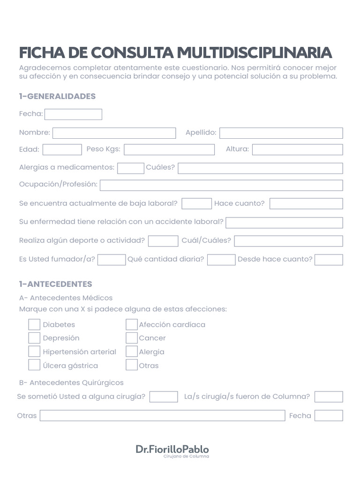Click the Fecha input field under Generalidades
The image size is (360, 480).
coord(73,114)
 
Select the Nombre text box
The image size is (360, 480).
coord(114,133)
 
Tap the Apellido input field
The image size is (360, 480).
coord(281,133)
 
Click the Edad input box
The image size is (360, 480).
coord(62,150)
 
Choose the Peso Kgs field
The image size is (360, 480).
coord(169,150)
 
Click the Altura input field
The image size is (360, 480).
coord(297,150)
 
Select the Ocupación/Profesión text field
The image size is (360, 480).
coord(221,185)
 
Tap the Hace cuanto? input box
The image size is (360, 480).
coord(306,203)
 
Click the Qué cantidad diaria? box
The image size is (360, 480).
coord(221,260)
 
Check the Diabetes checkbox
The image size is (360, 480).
coord(34,324)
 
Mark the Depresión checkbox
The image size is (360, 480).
coord(34,338)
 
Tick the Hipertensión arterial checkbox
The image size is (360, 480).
coord(34,352)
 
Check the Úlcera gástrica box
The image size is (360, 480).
coord(34,365)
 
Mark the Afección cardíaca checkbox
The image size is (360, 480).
coord(131,324)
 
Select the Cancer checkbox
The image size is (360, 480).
coord(131,338)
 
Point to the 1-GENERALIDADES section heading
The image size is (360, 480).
coord(57,97)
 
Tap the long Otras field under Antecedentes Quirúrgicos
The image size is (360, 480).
coord(162,416)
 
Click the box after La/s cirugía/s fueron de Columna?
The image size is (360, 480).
coord(329,397)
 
